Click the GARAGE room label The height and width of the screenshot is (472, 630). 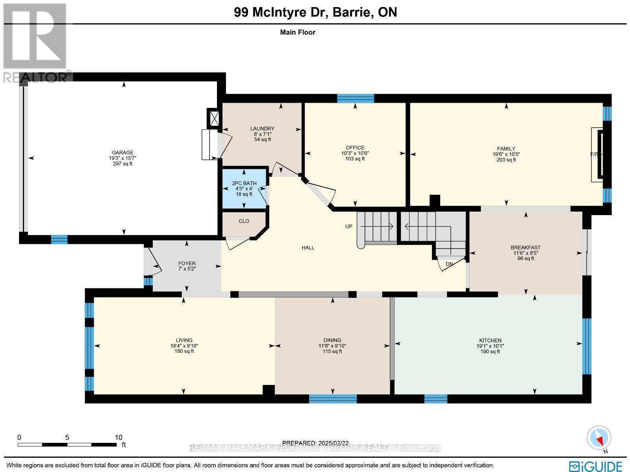coord(122,152)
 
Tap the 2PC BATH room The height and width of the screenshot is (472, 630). coord(244,189)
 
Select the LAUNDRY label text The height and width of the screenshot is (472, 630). coord(262,129)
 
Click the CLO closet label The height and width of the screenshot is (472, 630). coord(244,221)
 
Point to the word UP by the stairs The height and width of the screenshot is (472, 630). coord(349,226)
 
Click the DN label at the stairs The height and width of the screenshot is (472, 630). coord(449,264)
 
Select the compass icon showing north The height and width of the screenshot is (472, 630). coord(599,438)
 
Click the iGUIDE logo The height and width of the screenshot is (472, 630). coord(595,465)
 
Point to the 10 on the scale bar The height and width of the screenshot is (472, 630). coord(118,437)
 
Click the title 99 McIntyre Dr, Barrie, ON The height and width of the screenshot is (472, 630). coord(315,12)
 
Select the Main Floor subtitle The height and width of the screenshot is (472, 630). coord(297,32)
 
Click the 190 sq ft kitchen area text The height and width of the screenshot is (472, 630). coord(490,351)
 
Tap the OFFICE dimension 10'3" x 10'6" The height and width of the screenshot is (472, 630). coord(355,153)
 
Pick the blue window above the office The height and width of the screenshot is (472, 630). coord(355,98)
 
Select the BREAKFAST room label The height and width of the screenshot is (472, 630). coord(526,247)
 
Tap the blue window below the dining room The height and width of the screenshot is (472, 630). coord(333,399)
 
